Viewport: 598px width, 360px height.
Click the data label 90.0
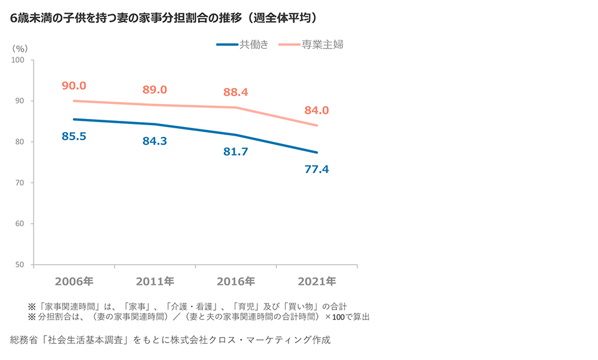pos(74,86)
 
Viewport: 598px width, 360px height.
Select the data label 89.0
pos(154,90)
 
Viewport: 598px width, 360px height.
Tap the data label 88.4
pos(235,92)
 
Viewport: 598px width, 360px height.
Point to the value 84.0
pos(316,110)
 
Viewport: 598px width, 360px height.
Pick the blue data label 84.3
pos(154,141)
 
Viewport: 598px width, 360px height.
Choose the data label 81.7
pos(235,151)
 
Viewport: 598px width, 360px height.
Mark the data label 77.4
pos(316,169)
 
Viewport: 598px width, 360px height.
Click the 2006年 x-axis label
pos(74,282)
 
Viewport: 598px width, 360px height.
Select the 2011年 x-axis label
pos(154,282)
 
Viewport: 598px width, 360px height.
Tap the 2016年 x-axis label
pos(235,282)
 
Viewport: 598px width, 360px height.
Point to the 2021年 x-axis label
pos(316,282)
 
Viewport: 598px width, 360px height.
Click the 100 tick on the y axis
pos(17,60)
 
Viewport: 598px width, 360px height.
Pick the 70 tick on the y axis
pos(19,182)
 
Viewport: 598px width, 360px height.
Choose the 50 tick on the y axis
pos(19,265)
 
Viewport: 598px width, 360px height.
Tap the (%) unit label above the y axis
pos(20,47)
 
